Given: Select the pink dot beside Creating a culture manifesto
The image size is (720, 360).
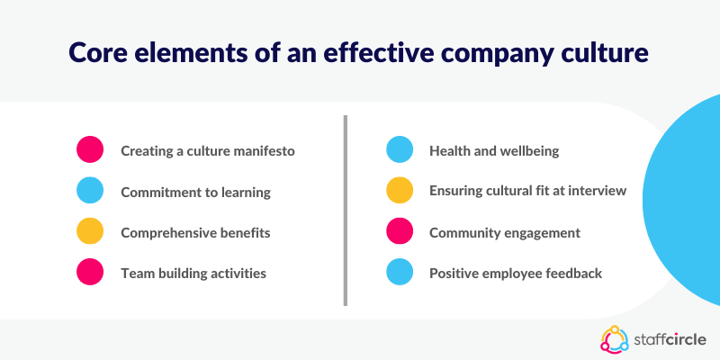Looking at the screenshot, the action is coord(90,149).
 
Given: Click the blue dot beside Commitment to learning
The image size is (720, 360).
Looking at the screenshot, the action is coord(90,190).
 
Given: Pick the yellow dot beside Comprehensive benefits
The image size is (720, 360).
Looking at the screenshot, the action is coord(90,231).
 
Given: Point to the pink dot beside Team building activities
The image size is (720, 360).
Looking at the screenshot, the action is coord(90,272).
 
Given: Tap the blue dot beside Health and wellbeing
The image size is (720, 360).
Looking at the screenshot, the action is coord(400,149).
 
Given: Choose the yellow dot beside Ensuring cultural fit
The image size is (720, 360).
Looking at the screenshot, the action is coord(400,190).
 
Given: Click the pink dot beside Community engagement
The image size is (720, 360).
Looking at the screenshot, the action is coord(400,231).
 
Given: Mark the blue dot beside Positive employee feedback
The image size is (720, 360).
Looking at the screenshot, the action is coord(400,272).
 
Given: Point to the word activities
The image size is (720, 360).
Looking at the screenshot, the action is coord(238,274).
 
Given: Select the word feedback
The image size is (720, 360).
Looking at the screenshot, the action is coord(574,274).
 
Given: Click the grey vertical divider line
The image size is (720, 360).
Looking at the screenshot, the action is coord(346,211).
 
